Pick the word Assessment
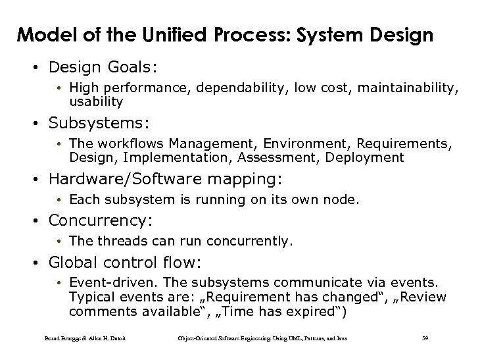click(x=252, y=157)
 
